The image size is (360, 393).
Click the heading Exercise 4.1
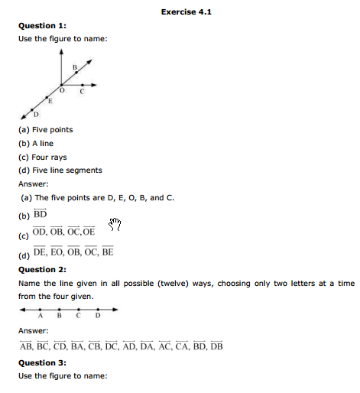[184, 12]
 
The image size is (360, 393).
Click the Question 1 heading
[42, 25]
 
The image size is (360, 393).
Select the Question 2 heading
[42, 269]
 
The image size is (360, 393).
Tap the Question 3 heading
[42, 362]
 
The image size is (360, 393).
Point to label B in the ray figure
[74, 68]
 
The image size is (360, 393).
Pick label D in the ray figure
[35, 113]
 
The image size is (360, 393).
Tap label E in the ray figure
[50, 100]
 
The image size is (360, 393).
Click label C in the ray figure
[81, 93]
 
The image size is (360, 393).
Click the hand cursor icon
[115, 223]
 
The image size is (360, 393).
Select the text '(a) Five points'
[46, 129]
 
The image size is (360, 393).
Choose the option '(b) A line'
[36, 143]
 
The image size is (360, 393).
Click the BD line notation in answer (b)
[40, 215]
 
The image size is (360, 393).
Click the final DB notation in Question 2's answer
[216, 346]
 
